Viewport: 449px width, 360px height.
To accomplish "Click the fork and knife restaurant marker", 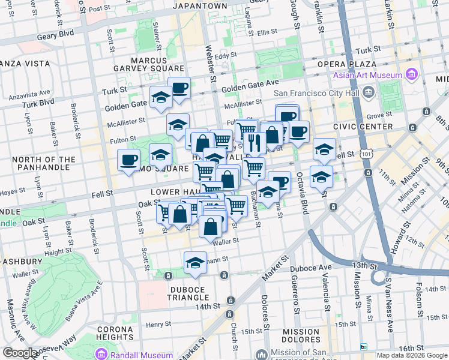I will [255, 142].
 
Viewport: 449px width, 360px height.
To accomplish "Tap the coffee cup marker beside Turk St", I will [179, 89].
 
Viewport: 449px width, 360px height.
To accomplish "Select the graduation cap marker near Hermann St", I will [195, 263].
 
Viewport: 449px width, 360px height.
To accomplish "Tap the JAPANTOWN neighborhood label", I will [200, 6].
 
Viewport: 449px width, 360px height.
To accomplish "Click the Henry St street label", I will [158, 324].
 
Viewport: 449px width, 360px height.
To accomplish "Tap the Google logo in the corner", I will [20, 353].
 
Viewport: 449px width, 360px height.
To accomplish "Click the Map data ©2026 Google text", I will [411, 355].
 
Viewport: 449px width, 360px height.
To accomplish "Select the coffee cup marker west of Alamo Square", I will [128, 160].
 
